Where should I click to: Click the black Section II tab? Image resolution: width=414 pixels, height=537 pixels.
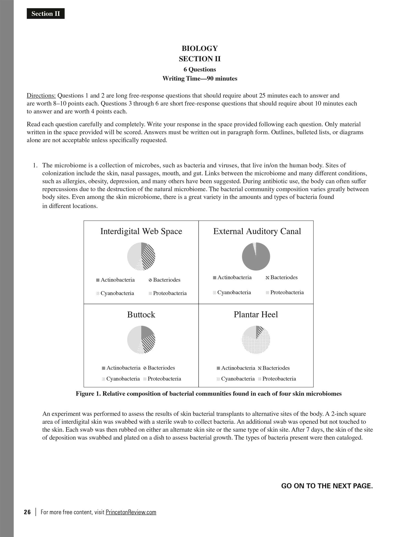tap(46, 14)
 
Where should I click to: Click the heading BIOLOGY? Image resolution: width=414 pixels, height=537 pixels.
tap(200, 48)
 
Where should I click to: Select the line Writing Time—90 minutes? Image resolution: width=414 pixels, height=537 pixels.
tap(200, 78)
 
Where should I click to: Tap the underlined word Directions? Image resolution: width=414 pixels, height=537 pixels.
tap(41, 96)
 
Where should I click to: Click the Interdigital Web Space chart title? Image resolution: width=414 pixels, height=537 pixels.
tap(141, 231)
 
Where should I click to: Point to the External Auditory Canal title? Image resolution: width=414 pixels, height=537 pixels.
tap(257, 231)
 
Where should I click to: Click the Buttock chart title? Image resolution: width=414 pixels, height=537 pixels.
tap(141, 315)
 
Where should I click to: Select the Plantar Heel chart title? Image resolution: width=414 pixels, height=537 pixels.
tap(256, 315)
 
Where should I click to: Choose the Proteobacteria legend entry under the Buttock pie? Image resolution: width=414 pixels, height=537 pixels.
tap(162, 379)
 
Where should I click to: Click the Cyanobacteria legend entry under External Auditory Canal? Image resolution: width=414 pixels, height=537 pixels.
tap(232, 292)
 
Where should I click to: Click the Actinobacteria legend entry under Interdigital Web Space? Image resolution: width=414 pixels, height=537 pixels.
tap(115, 280)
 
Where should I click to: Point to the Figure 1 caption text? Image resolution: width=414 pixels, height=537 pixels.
tap(209, 394)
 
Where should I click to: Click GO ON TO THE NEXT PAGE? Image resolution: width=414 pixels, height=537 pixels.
tap(327, 486)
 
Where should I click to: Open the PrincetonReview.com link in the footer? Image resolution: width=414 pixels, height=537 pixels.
tap(131, 512)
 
